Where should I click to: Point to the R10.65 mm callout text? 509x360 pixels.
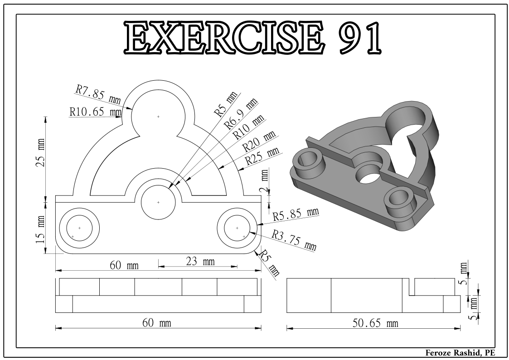[x=95, y=112]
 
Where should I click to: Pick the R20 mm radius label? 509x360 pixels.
[x=259, y=142]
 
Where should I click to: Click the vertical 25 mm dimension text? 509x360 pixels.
[x=41, y=152]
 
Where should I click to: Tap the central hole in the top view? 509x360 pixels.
[x=158, y=202]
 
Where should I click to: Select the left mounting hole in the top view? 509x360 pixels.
[x=79, y=228]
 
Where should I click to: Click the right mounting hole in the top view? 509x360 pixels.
[x=237, y=228]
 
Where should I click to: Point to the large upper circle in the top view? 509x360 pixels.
[x=158, y=117]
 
